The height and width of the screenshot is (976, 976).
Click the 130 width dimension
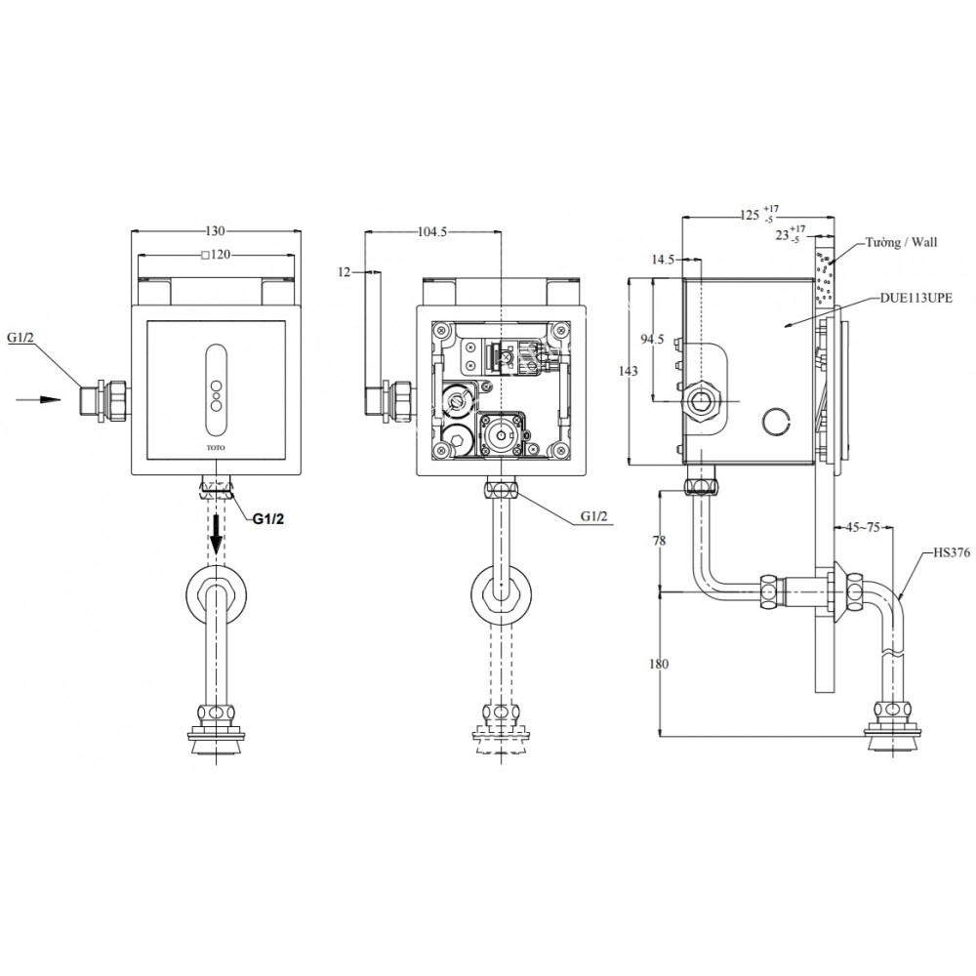coord(216,231)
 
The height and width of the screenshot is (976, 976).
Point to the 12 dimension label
coord(343,272)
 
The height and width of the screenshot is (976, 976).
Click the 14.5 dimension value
coord(663,260)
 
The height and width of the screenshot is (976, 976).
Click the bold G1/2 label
coord(268,519)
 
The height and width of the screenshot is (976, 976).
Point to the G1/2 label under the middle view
coord(595,518)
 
